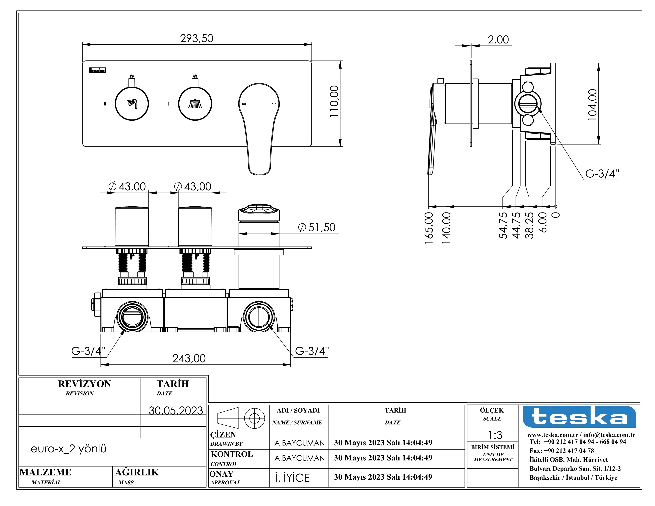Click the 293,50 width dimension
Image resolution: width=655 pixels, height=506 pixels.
196,38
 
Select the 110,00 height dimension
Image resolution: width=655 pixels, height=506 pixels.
334,101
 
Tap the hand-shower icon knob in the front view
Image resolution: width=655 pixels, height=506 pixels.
132,104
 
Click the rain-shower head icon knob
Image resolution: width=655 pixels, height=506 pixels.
195,104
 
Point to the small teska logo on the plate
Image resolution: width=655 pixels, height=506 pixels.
97,70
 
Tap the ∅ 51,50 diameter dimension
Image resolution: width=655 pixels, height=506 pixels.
317,228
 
